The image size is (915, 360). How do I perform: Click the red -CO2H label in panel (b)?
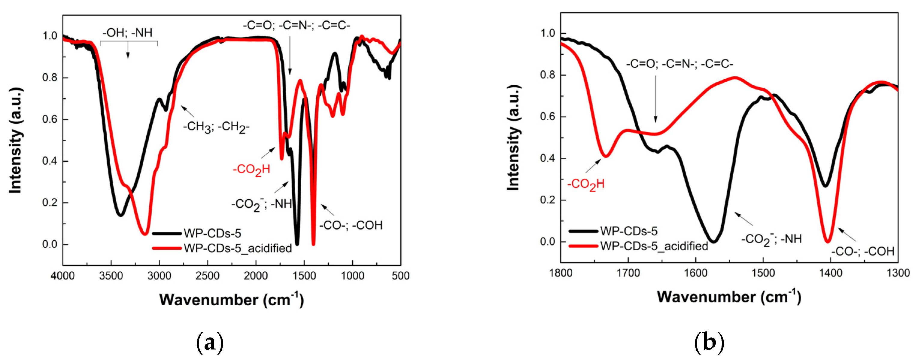coord(586,185)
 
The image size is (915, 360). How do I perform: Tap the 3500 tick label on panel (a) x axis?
coord(111,276)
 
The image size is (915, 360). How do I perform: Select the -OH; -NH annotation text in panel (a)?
coord(128,33)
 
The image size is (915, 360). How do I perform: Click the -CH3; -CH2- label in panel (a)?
coord(216,127)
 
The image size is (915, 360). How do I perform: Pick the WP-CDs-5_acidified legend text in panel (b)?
coord(654,246)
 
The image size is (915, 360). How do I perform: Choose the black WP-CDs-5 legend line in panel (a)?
coord(167,233)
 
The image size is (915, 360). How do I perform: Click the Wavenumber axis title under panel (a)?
coord(231,300)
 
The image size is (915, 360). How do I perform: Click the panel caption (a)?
coord(210,343)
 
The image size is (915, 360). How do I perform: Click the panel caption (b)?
coord(709,343)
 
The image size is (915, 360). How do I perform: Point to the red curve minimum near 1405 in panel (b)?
coord(828,242)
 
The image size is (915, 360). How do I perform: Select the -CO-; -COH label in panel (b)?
coord(862,252)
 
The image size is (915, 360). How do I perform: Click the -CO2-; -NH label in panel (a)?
coord(261,204)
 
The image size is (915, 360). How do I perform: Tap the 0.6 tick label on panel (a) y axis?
coord(50,119)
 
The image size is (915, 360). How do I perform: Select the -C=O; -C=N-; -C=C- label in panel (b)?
coord(679,64)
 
